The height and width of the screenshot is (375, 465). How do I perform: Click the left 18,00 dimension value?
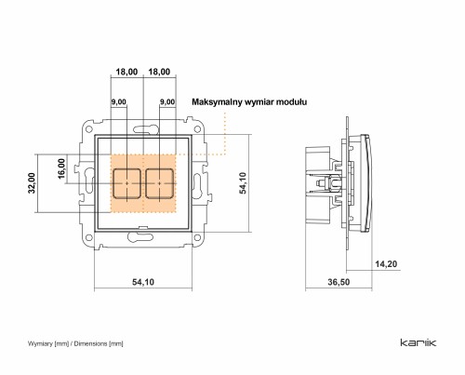[x=126, y=72]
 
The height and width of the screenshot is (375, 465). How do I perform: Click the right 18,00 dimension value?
[x=159, y=72]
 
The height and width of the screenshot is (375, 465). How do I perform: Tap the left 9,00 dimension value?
[x=119, y=102]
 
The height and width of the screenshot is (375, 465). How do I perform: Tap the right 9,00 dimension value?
[x=167, y=102]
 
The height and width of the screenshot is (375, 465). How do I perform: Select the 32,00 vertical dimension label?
[x=32, y=183]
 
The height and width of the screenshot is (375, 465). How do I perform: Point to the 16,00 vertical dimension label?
[x=61, y=168]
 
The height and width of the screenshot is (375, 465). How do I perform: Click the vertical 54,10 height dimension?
[x=243, y=183]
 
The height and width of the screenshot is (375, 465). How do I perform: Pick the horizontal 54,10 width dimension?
[x=143, y=282]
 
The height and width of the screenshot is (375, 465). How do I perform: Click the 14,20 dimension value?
[x=386, y=264]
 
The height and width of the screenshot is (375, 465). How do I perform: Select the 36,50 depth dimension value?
[x=339, y=282]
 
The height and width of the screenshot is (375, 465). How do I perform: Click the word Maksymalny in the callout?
[x=217, y=102]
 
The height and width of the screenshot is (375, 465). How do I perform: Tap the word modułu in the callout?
[x=291, y=101]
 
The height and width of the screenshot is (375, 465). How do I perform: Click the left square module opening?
[x=127, y=183]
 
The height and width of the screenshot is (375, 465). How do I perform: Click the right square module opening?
[x=159, y=183]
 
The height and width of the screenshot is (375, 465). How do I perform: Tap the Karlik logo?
[x=418, y=342]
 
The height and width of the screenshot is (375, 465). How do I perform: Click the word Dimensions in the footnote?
[x=90, y=343]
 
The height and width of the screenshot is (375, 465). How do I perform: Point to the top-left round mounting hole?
[x=89, y=128]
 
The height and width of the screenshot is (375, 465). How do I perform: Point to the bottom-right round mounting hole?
[x=197, y=238]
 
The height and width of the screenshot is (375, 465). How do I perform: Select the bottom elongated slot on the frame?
[x=140, y=237]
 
